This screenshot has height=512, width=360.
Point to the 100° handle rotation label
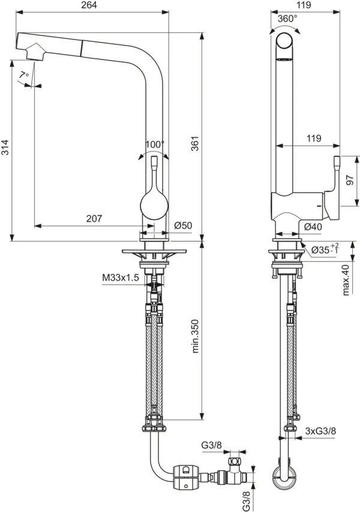point(154,144)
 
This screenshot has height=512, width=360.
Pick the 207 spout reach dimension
point(94,219)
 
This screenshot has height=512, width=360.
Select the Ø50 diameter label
point(182,225)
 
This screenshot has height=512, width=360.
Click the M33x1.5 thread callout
point(120,278)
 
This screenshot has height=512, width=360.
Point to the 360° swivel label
point(287,19)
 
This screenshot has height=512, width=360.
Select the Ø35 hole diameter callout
point(324,248)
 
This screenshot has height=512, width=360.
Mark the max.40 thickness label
point(347,279)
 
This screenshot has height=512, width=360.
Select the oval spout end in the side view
point(285,47)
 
